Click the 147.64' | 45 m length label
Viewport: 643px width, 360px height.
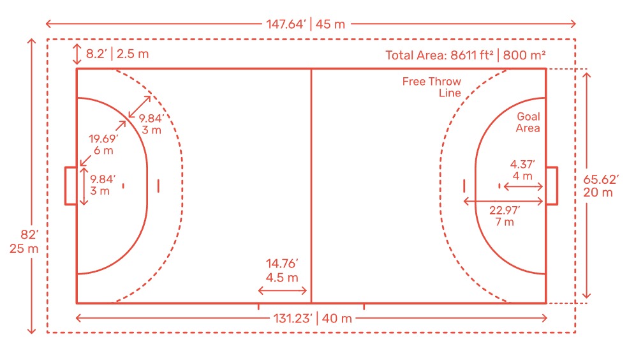(306, 24)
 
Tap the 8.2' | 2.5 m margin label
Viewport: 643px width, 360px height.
(117, 54)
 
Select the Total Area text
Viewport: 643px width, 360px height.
(466, 55)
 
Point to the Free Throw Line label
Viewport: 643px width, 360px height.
(432, 87)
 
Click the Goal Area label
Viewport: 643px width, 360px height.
(528, 123)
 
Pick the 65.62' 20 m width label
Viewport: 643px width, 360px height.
(601, 186)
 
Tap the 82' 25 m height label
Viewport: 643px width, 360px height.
(24, 241)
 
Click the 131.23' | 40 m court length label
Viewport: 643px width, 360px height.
(313, 319)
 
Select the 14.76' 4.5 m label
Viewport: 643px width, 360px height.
(282, 271)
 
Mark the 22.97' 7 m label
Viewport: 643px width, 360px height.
(505, 216)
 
